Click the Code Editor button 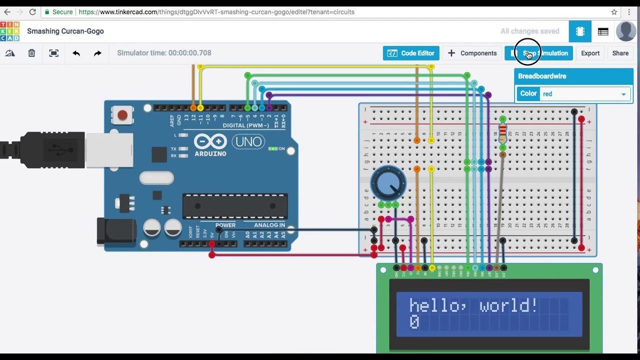click(411, 53)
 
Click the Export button click(590, 53)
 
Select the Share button click(620, 53)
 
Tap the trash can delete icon click(31, 53)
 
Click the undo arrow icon click(76, 53)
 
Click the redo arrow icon click(97, 53)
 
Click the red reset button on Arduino click(121, 115)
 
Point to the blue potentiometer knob click(388, 183)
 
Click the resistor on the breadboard click(502, 132)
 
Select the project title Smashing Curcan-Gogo click(65, 31)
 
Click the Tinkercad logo click(9, 31)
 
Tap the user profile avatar click(626, 31)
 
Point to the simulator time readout click(164, 53)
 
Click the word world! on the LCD click(508, 305)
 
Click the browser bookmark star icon click(614, 12)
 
